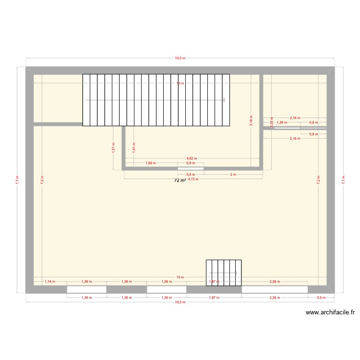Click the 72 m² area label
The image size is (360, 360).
coord(180,180)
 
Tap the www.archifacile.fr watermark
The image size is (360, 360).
coord(330,312)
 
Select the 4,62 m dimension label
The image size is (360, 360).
coord(191,158)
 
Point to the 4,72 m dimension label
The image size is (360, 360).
coord(192,180)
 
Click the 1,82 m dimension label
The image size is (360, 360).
coord(150,163)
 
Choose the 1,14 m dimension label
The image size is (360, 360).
coord(50,282)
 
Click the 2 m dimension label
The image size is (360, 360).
coord(233,174)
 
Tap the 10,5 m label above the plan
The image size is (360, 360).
coord(180,58)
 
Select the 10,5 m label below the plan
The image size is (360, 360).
coord(180,302)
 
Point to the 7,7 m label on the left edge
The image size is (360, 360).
coord(17,180)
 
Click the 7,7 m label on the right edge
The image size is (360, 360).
coord(343,180)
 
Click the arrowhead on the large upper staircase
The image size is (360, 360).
coord(224,100)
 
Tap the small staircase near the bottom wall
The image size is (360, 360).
coord(224,273)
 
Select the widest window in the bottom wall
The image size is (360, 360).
coord(275,289)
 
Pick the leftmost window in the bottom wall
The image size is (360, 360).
coord(86,289)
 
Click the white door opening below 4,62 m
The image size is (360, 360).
coord(191,168)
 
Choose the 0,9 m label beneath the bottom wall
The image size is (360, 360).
coord(321,298)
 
